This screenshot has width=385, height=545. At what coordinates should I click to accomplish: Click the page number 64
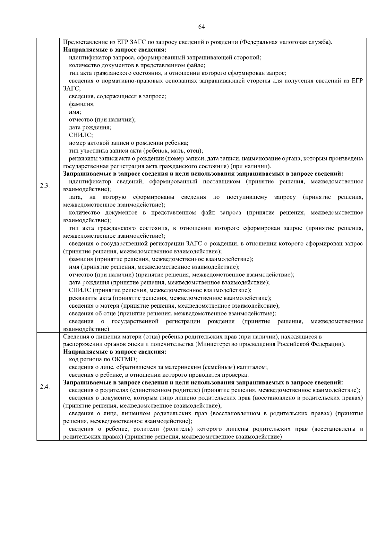201,27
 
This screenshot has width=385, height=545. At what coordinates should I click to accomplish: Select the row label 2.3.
45,186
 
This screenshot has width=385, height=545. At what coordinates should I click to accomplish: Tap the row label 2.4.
45,386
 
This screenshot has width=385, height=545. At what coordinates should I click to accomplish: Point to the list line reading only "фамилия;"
82,104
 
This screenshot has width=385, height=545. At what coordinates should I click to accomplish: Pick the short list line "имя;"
75,112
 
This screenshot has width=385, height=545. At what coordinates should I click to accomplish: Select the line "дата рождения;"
90,127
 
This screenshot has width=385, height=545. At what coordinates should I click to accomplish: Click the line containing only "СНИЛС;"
81,135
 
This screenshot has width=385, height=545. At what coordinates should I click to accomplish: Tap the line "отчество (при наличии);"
102,119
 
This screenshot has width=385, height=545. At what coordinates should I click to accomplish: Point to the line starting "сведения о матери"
174,306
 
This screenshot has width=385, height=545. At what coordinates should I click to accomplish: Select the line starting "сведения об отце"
172,313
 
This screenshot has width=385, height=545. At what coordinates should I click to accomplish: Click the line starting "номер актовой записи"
128,143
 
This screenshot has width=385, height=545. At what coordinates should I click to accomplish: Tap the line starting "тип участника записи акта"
136,151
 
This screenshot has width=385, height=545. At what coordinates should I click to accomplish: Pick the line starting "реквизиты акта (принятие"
170,298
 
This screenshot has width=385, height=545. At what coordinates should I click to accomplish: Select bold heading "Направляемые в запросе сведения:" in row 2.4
115,352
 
